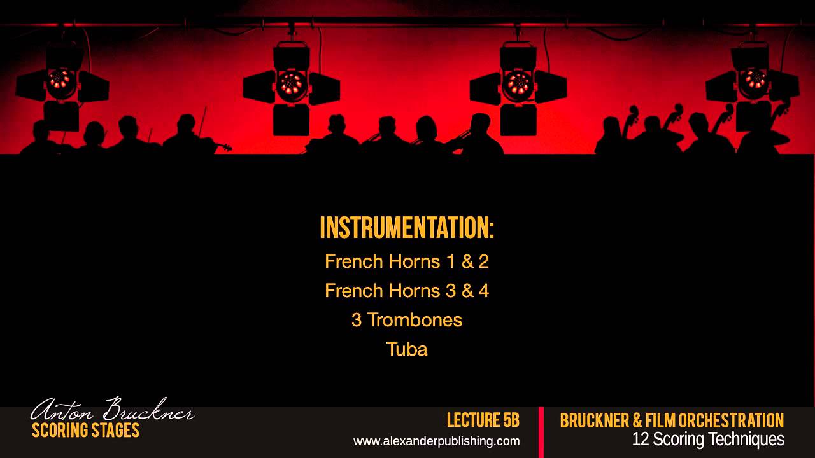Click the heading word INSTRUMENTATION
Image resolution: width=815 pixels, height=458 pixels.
pos(407,228)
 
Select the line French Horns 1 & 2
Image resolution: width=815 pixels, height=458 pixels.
pos(407,261)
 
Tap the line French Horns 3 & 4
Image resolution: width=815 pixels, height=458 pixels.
pos(407,291)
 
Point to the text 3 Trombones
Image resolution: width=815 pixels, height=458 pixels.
pos(407,320)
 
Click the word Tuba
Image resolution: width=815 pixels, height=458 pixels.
pos(407,349)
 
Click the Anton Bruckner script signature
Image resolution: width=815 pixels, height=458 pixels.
pos(112,410)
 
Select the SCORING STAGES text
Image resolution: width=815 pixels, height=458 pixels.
pos(85,431)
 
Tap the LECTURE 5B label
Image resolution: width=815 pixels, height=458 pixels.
pos(483,420)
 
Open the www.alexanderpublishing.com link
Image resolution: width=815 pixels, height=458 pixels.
pos(437,441)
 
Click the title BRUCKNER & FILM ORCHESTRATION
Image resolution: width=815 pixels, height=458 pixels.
pos(672,420)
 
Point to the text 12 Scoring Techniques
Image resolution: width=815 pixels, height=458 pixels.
pos(708,439)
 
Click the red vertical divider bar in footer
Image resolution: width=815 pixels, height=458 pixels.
pos(541,433)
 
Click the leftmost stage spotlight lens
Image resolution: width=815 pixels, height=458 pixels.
pos(60,81)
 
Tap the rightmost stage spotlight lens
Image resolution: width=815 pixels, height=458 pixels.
pos(755,80)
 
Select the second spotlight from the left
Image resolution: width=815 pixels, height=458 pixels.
pos(292,87)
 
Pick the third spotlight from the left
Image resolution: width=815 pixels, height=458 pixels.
pos(518,87)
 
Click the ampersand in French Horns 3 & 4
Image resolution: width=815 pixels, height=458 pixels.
pos(467,291)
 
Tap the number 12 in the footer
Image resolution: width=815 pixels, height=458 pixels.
pos(641,439)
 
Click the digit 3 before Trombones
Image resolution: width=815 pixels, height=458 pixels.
pos(357,320)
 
